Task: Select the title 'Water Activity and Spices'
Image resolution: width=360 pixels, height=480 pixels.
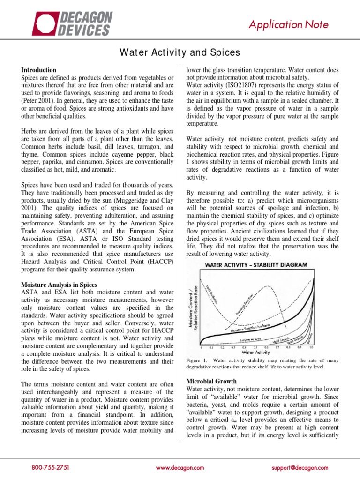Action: point(180,52)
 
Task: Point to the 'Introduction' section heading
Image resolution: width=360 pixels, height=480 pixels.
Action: point(39,70)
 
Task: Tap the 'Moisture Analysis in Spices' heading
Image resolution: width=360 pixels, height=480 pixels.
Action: point(59,285)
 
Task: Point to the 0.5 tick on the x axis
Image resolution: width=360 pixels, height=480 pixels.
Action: point(255,347)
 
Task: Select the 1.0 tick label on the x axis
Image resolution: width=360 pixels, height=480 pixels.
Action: point(311,347)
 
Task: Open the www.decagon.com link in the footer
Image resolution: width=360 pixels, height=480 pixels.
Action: point(180,467)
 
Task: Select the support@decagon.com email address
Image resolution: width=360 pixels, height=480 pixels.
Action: point(300,467)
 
